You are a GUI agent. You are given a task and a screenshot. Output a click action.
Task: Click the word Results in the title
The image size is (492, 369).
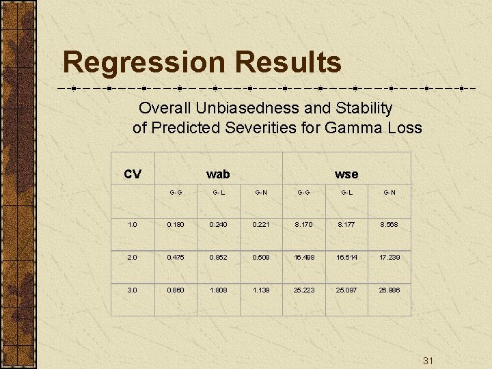[288, 62]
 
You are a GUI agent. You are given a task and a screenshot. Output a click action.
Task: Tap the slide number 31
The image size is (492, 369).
[429, 361]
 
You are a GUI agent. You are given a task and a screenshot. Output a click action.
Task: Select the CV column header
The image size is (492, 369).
[133, 174]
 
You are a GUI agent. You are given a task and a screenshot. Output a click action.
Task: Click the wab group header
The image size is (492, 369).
[218, 174]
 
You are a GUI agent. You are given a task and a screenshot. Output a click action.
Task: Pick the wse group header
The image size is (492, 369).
[346, 174]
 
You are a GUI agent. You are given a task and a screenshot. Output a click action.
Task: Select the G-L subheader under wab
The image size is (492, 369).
[219, 193]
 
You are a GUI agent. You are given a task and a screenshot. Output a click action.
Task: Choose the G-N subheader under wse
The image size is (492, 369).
[389, 193]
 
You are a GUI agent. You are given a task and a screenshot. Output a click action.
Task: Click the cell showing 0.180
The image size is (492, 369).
[176, 224]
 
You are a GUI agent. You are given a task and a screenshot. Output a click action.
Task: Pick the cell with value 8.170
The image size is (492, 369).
[304, 224]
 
